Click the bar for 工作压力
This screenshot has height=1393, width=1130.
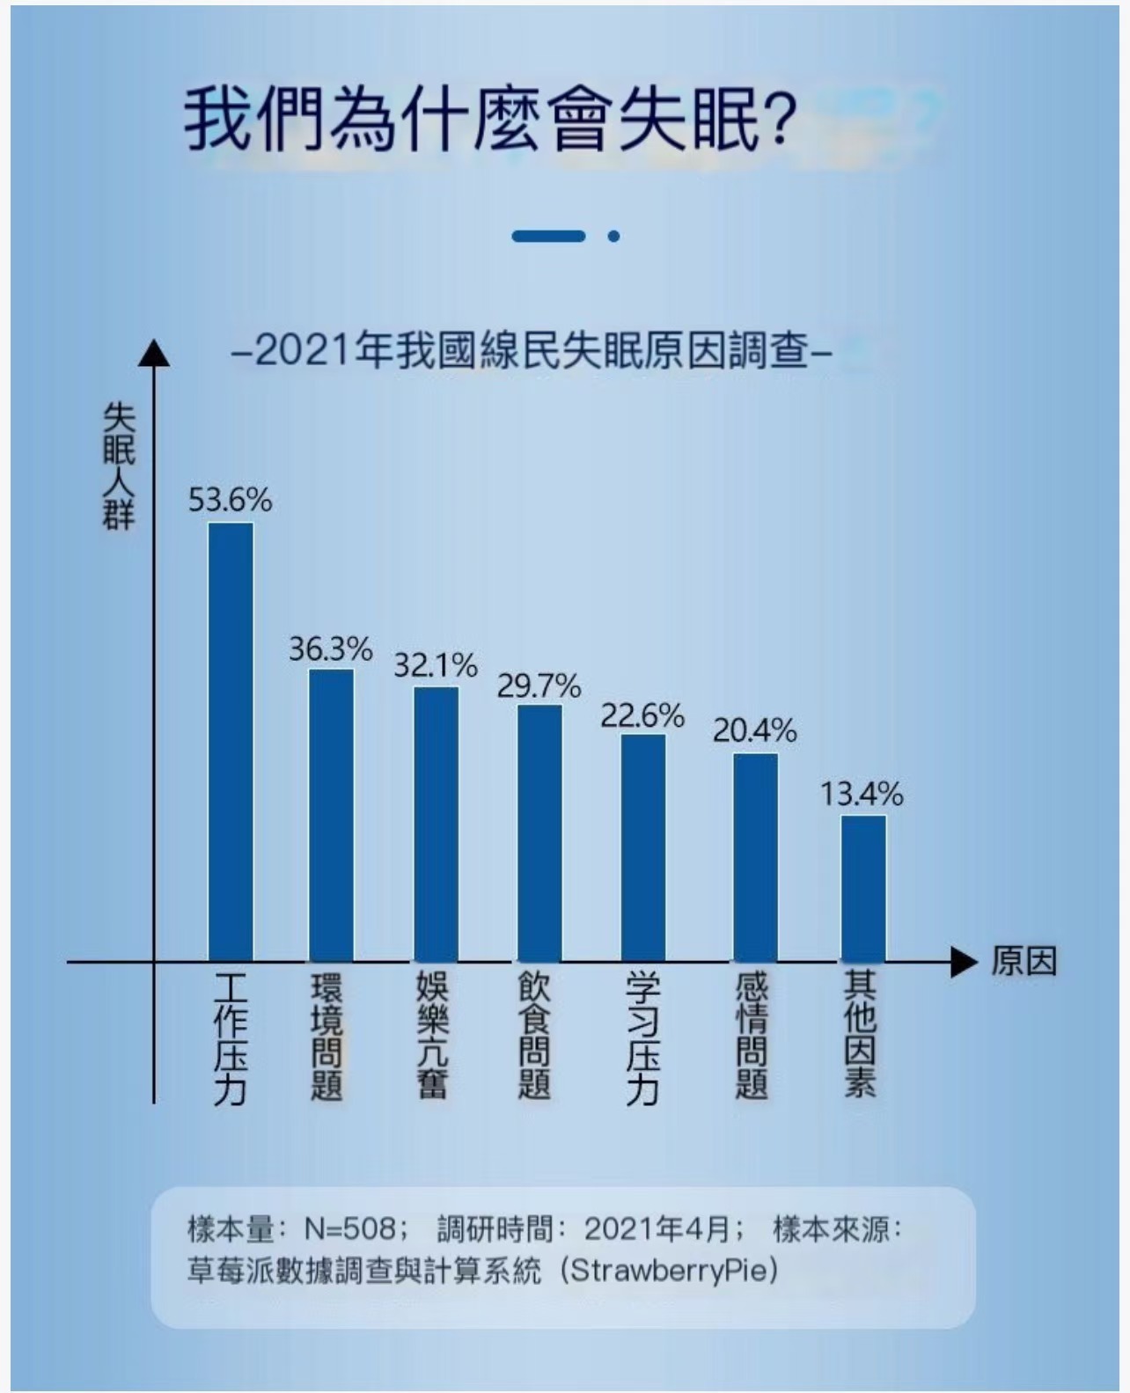click(231, 741)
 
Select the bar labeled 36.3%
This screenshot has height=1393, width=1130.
click(331, 815)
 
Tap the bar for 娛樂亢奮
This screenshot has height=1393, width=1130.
click(437, 824)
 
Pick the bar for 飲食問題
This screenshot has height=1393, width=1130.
click(539, 832)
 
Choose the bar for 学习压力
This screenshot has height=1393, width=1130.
click(643, 847)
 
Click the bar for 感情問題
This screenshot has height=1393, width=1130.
click(755, 857)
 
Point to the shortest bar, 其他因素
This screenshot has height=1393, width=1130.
click(862, 888)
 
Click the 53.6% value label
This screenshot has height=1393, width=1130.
click(230, 500)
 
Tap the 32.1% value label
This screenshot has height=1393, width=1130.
click(435, 665)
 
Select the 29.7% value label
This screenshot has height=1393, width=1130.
click(539, 686)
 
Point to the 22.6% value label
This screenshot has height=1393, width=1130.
click(642, 715)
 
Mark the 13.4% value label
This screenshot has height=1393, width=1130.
click(862, 795)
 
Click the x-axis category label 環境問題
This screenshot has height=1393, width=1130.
click(327, 1036)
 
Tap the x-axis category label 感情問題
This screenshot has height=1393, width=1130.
click(752, 1036)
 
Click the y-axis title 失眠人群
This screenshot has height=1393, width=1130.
click(119, 466)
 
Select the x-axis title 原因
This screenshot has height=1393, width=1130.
click(1024, 962)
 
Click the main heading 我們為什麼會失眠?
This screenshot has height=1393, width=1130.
click(489, 118)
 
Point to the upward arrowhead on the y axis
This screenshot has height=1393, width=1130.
click(154, 353)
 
